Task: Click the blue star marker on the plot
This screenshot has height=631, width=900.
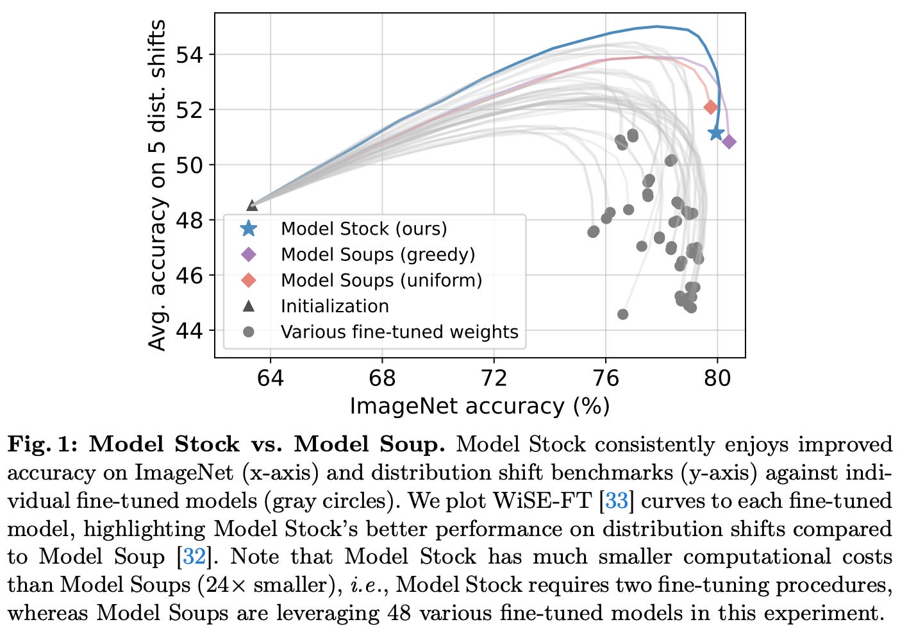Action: [716, 133]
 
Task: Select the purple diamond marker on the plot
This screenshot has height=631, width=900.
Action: [729, 142]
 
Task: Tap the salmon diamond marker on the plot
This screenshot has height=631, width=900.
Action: [710, 107]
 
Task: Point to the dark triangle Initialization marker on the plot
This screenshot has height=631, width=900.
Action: [252, 205]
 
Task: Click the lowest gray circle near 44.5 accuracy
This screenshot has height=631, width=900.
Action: [622, 314]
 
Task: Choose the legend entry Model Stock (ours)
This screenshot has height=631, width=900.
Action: [363, 229]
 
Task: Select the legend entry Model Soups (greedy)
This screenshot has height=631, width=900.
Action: [378, 255]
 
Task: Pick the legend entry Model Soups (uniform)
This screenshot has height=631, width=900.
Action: [381, 280]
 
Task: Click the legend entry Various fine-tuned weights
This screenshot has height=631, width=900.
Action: [399, 332]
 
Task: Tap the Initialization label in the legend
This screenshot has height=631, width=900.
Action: [335, 306]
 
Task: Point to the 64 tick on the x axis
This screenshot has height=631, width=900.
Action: [270, 378]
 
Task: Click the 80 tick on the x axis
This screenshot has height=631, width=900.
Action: [717, 378]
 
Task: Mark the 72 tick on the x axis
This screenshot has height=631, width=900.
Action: [494, 378]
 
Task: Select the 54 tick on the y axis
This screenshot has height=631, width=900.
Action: [189, 55]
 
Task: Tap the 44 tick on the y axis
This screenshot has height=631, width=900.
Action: [189, 331]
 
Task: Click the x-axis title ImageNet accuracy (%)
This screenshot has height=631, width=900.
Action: [479, 406]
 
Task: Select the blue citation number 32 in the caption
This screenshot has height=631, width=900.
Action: [194, 557]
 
